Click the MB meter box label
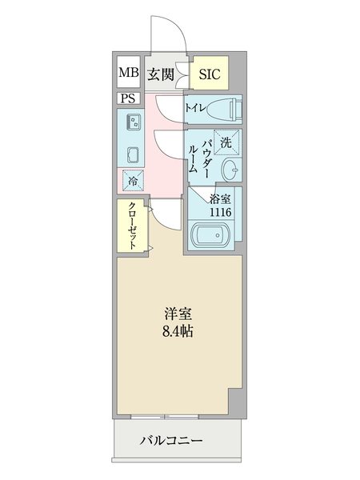(x=128, y=74)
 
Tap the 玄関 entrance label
(x=161, y=74)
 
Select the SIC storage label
(x=209, y=74)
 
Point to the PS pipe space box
(x=128, y=99)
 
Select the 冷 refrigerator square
(x=132, y=181)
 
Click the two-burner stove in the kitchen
(x=132, y=153)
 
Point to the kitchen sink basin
(x=132, y=122)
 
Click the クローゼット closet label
(x=132, y=226)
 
